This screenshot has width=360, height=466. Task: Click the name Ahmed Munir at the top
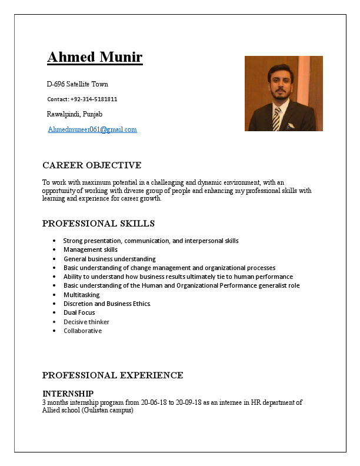coord(95,58)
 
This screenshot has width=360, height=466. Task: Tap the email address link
coord(92,129)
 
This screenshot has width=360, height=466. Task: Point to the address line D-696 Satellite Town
coord(77,84)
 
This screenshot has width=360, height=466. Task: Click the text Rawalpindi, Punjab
coord(74,114)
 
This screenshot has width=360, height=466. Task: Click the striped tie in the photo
coord(276,118)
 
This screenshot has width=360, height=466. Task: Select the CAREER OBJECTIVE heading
coord(92,165)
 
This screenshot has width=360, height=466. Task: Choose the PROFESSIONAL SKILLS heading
coord(98,224)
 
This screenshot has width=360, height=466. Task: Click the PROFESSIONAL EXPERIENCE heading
coord(112,375)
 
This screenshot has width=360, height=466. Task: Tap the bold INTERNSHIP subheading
coord(68,393)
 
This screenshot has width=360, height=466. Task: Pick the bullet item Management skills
coord(91,249)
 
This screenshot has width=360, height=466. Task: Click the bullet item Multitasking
coord(82,295)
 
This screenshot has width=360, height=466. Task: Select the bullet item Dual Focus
coord(79,312)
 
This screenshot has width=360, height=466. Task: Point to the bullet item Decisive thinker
coord(86,322)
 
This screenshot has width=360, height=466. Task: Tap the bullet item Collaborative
coord(82,331)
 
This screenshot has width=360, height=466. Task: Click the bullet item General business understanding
coord(109,259)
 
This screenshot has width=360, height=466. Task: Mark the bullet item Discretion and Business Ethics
coord(107,304)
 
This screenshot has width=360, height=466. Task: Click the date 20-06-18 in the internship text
coord(154,402)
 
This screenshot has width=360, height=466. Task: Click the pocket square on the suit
coord(290,125)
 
